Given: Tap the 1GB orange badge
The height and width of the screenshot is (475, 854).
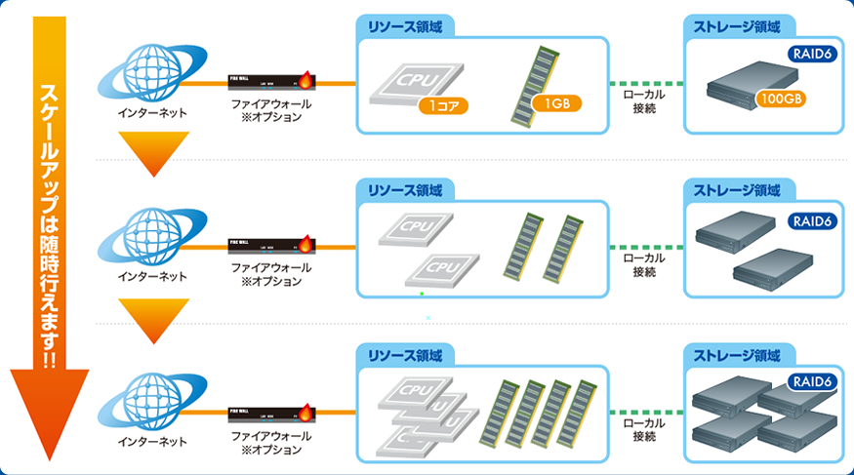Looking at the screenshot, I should click(x=557, y=104).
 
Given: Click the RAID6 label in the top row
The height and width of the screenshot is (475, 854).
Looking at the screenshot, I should click(x=811, y=56).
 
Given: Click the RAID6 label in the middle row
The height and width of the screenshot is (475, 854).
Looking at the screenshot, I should click(x=811, y=221).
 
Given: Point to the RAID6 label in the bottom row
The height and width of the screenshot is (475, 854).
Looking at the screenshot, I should click(x=811, y=380).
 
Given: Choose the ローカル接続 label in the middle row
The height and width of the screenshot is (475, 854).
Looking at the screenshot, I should click(x=643, y=264).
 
